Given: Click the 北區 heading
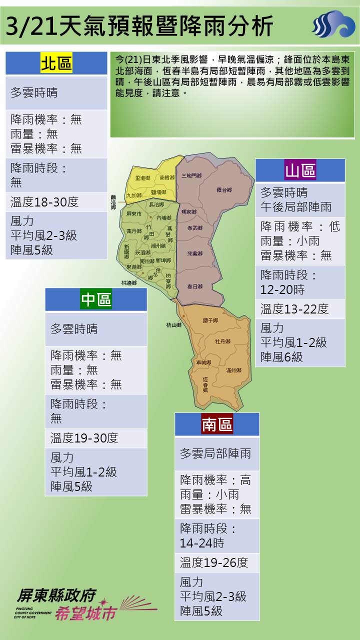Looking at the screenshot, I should (56, 64).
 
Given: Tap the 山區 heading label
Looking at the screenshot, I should (300, 171).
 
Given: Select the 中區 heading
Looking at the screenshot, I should (96, 300).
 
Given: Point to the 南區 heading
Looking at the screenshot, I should (217, 425).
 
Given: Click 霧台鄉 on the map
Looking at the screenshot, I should (224, 190).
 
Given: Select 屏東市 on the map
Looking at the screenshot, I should (134, 214).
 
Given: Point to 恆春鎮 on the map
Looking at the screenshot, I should (205, 383).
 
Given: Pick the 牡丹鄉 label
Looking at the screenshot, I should (222, 341).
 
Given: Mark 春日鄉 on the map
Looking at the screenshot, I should (194, 286).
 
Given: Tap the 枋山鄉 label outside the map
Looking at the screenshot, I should (173, 325).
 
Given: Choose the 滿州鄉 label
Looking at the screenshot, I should (233, 370).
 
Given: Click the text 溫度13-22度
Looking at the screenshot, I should (294, 309).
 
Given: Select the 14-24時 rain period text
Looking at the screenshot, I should (202, 543).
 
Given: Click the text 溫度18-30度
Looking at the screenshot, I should (44, 202).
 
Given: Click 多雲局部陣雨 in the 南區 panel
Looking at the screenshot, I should (215, 454).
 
